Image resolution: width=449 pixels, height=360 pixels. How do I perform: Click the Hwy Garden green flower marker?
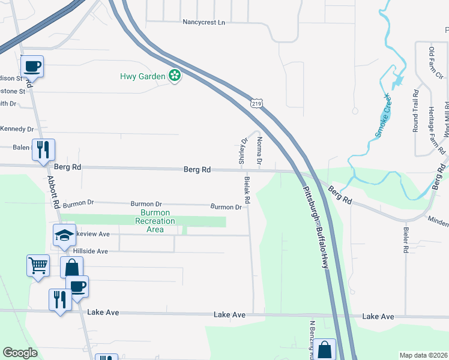(175, 76)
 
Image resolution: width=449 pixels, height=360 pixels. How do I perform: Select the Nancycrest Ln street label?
(203, 22)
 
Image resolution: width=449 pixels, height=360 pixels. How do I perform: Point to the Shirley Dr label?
(243, 151)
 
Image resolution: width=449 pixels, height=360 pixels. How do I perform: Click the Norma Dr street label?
(259, 151)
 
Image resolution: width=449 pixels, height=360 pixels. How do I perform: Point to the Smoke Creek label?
(383, 116)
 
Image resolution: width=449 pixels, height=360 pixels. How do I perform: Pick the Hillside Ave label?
(90, 251)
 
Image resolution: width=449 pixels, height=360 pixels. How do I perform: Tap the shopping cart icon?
(38, 265)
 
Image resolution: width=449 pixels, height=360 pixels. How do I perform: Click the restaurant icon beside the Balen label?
(43, 149)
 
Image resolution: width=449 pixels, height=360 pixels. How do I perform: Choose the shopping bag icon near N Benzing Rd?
(325, 350)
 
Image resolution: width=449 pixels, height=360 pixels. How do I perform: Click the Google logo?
(20, 353)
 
